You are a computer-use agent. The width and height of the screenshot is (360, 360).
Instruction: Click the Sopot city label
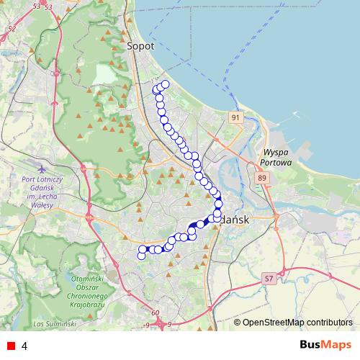[140, 45]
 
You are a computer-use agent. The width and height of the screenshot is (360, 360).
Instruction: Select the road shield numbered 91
[237, 117]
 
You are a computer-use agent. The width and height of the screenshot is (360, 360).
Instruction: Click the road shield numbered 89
[261, 178]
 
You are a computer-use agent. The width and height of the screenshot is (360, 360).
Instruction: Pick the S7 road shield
[269, 277]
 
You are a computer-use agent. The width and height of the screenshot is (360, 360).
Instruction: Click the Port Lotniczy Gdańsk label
[44, 192]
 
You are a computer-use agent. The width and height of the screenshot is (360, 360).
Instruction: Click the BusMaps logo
[326, 345]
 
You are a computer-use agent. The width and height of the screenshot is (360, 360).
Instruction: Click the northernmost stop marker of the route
[165, 84]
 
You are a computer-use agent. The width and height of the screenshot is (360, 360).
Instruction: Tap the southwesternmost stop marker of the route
[141, 256]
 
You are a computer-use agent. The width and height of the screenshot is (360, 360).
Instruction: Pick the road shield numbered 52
[10, 30]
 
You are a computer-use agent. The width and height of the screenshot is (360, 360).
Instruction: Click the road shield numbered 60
[155, 313]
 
